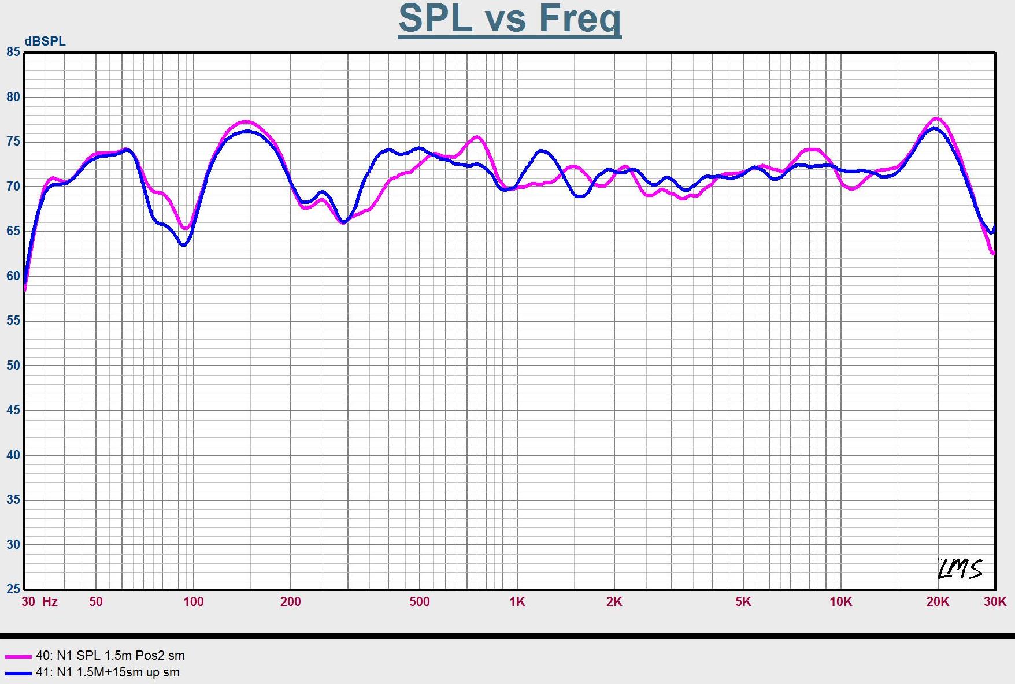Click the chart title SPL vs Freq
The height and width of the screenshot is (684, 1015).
(x=509, y=18)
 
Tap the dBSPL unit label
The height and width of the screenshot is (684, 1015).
(x=45, y=42)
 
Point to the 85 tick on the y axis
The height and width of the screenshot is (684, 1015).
(x=13, y=52)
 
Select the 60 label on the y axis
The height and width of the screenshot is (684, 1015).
(x=13, y=276)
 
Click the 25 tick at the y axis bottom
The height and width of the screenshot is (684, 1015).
(x=13, y=589)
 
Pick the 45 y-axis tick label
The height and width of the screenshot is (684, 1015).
(x=13, y=410)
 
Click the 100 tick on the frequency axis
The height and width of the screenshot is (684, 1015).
(x=194, y=602)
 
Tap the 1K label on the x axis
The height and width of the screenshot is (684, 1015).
(x=517, y=602)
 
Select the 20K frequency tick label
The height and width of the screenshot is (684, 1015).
(x=938, y=602)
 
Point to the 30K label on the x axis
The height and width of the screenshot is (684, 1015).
(x=995, y=602)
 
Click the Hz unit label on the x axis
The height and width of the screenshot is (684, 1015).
(x=50, y=602)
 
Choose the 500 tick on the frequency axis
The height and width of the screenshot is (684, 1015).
(x=420, y=602)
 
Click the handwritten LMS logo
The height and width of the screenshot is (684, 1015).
(x=960, y=568)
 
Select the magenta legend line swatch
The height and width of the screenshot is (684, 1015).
(x=18, y=656)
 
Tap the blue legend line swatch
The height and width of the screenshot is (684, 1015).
(x=18, y=673)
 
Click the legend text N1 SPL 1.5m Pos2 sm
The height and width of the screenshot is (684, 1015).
(x=110, y=656)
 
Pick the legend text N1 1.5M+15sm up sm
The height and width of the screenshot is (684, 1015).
(x=108, y=672)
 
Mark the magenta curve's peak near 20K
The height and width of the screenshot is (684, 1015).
(x=937, y=118)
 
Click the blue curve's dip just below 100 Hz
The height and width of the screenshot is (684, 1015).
(x=183, y=245)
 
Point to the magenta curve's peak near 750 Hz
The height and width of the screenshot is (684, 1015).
(x=476, y=137)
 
